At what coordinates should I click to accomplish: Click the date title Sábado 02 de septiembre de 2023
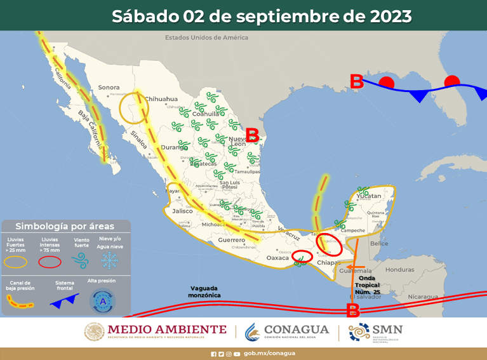point(262,16)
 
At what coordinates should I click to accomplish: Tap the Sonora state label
point(109,88)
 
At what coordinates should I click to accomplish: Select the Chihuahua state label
point(161,99)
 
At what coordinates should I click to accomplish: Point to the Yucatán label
point(369,196)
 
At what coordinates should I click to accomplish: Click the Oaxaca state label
point(277,258)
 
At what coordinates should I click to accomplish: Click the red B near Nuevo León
point(252,135)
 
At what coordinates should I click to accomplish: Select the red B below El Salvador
point(353,310)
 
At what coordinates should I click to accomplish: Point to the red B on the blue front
point(357,81)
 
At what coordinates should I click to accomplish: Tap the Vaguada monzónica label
point(205,291)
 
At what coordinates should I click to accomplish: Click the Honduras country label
point(399,269)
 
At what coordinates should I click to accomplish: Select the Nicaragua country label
point(423,297)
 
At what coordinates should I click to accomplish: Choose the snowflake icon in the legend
point(110,260)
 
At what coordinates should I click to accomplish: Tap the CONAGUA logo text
point(288,330)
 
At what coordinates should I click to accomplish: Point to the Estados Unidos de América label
point(206,37)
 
